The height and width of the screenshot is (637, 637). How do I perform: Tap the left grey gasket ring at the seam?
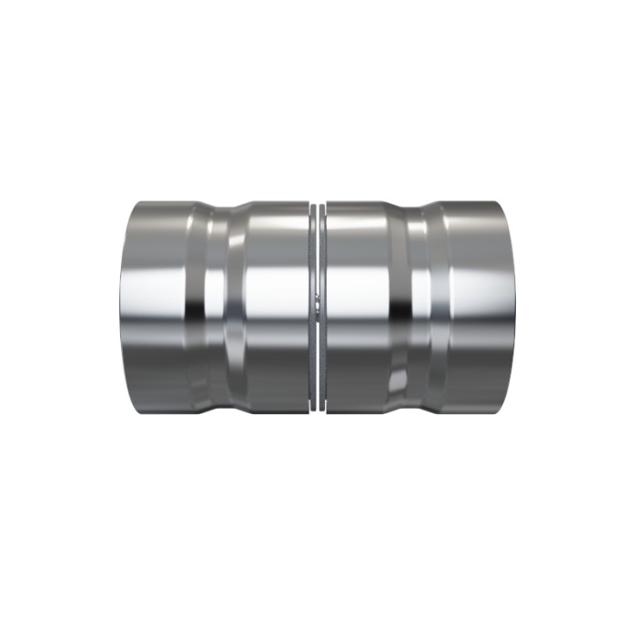(x=311, y=309)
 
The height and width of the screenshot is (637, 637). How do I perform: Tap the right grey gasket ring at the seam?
(x=322, y=309)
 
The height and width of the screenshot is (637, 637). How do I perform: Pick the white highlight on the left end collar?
(x=155, y=291)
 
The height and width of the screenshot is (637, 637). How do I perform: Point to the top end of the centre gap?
(x=317, y=206)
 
